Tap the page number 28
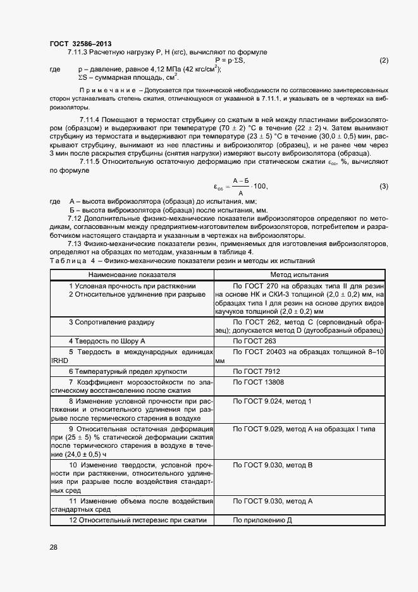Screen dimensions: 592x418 click(x=54, y=546)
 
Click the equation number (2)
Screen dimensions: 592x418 click(x=383, y=61)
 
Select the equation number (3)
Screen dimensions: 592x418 click(x=383, y=186)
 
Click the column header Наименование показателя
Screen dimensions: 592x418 click(x=132, y=275)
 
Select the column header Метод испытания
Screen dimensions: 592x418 click(x=299, y=275)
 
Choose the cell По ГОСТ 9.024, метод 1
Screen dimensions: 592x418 click(x=272, y=402)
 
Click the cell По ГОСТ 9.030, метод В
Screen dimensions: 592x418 click(x=273, y=465)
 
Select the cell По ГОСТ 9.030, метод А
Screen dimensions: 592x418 click(x=273, y=501)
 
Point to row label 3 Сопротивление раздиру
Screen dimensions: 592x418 click(x=111, y=322)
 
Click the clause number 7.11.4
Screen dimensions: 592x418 click(x=91, y=120)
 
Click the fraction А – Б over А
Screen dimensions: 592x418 click(x=239, y=186)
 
